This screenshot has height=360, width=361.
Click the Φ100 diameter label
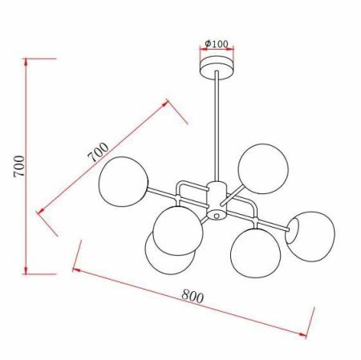tap(217, 42)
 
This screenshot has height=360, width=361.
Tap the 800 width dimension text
tap(192, 296)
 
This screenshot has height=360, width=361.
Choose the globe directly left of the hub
tap(178, 228)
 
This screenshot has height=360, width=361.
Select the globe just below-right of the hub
tap(254, 251)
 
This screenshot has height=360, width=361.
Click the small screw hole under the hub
tap(216, 216)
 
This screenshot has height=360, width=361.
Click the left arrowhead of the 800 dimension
tap(75, 269)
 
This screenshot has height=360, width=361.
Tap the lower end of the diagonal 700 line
tap(38, 212)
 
